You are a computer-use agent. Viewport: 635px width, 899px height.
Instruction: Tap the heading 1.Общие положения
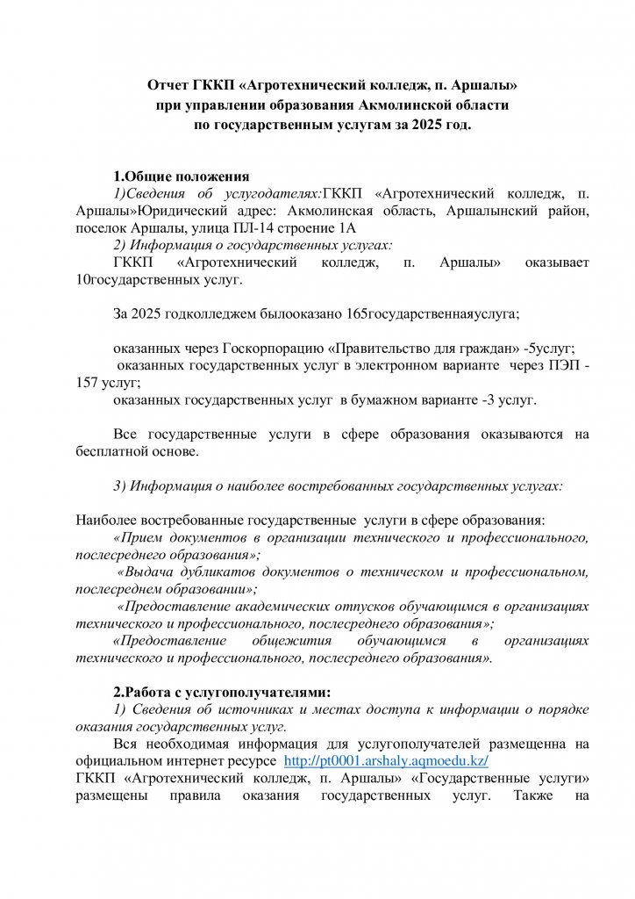[182, 176]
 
